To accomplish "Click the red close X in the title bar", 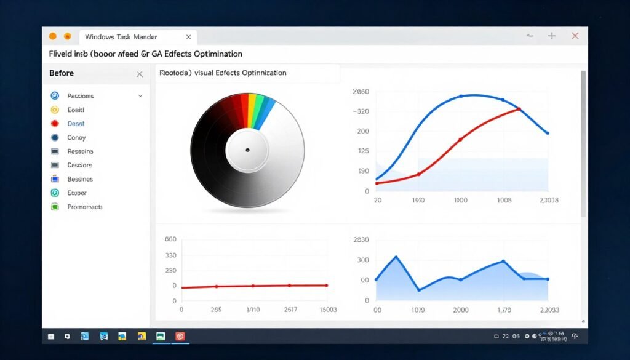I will pyautogui.click(x=575, y=36).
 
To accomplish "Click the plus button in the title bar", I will pyautogui.click(x=552, y=36).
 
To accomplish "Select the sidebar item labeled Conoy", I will pyautogui.click(x=76, y=138).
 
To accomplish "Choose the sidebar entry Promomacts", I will pyautogui.click(x=85, y=207).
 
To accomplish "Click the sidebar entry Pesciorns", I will pyautogui.click(x=81, y=96).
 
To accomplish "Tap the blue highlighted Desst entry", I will pyautogui.click(x=76, y=124).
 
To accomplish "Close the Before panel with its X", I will pyautogui.click(x=140, y=74).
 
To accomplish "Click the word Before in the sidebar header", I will pyautogui.click(x=62, y=73).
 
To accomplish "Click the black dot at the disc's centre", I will pyautogui.click(x=247, y=150).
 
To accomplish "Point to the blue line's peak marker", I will pyautogui.click(x=461, y=96).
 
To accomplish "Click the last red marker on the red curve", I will pyautogui.click(x=519, y=110).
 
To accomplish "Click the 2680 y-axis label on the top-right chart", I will pyautogui.click(x=361, y=92).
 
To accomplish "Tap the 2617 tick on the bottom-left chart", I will pyautogui.click(x=290, y=310).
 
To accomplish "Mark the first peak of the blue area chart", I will pyautogui.click(x=396, y=257).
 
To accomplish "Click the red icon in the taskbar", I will pyautogui.click(x=180, y=337).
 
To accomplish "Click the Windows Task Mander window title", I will pyautogui.click(x=121, y=37).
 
